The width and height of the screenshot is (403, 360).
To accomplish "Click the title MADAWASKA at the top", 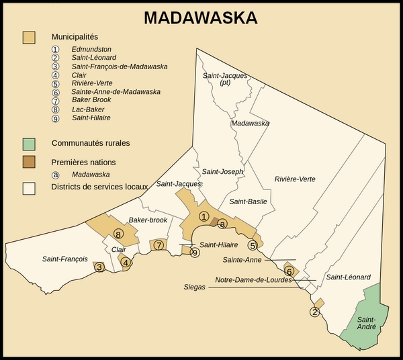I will click(x=201, y=18).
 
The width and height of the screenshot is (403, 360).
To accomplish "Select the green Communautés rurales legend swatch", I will click(x=29, y=144).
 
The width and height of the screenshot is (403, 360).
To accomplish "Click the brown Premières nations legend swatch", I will click(x=29, y=162).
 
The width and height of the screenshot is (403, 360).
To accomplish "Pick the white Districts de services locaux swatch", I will click(x=29, y=187).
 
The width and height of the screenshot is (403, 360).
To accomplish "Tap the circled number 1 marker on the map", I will click(x=204, y=216).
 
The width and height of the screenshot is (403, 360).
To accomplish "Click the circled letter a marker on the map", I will click(x=222, y=224).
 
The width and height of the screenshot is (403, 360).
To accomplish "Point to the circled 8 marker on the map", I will click(x=118, y=234).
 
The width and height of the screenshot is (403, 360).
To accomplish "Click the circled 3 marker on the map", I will click(x=99, y=267).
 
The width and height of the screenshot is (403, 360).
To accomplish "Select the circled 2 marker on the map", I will click(x=314, y=312).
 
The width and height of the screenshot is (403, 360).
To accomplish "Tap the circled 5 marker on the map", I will click(x=253, y=244).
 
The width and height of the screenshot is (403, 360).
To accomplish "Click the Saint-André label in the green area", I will click(x=367, y=323).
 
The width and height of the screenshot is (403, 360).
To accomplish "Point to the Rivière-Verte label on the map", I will click(x=295, y=179).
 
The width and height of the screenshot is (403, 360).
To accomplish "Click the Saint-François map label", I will click(x=64, y=259).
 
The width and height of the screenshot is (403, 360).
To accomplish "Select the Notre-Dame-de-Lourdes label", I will click(x=253, y=280).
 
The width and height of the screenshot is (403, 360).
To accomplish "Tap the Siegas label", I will click(x=195, y=287).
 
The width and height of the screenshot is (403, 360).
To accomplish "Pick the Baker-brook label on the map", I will click(x=148, y=220).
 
